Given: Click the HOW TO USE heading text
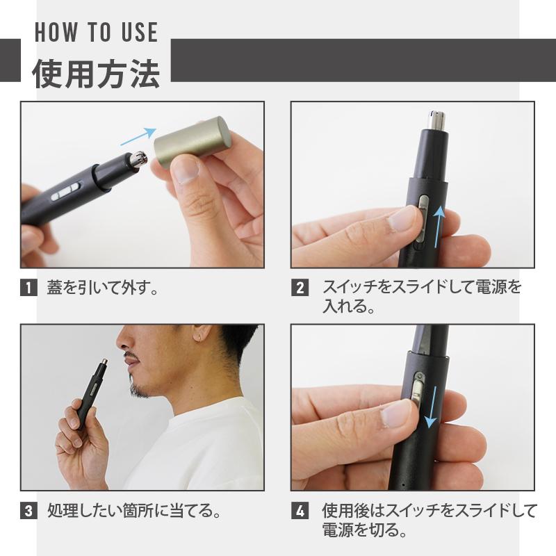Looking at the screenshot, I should click(96, 32).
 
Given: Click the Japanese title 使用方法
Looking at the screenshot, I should click(96, 73).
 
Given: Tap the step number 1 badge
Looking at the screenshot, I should click(28, 287).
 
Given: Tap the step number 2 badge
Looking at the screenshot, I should click(299, 287).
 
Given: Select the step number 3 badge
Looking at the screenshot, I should click(28, 512).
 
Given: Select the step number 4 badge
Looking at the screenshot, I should click(299, 512).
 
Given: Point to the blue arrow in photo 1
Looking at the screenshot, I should click(137, 136).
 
